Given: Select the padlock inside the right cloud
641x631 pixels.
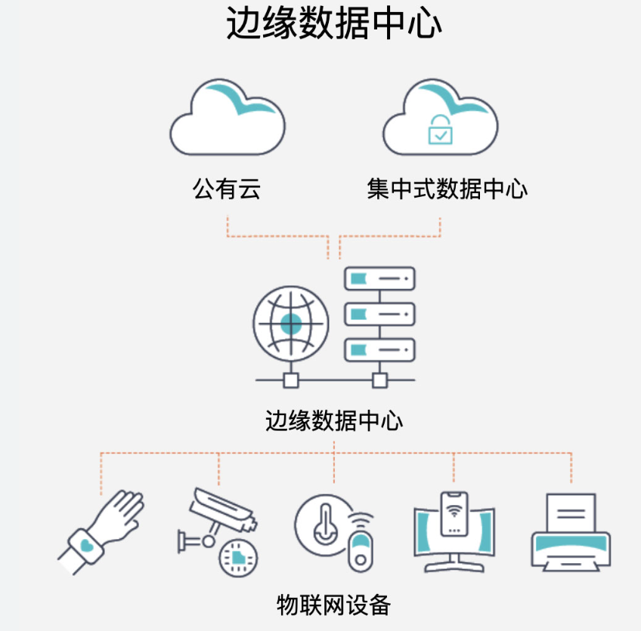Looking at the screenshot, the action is coord(440,130).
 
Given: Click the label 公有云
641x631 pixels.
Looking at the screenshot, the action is coord(227,189).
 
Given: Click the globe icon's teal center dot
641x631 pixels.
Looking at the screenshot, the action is coord(291,325).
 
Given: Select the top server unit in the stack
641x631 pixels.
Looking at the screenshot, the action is coord(379,279).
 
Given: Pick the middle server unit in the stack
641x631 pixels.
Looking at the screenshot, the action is coord(379,314).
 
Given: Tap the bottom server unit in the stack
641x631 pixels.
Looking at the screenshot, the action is coord(379,349).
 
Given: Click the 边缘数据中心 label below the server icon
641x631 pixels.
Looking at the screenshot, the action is coord(334,420).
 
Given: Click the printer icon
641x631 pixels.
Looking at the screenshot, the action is coord(571,534).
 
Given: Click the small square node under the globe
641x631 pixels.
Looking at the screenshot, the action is coord(291,380).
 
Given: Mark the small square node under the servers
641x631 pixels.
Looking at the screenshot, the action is coord(379,380).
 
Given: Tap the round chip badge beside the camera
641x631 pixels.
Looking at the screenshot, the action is coord(237,558).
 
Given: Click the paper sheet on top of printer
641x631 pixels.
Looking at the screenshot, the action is coord(571,512).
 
